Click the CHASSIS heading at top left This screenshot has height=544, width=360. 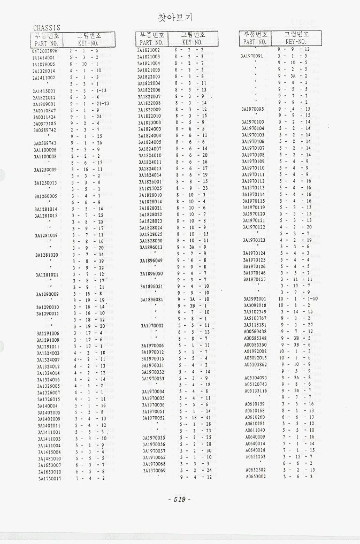point(47,28)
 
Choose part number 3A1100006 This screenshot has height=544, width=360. point(45,150)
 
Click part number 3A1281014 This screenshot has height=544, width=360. point(46,209)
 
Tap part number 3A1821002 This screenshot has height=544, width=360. point(149,50)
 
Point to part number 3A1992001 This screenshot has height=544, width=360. point(255,298)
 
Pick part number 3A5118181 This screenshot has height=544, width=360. point(255,325)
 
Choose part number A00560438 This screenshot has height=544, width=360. point(255,332)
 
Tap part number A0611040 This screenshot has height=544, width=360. point(255,430)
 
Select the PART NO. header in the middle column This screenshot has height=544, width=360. point(151,42)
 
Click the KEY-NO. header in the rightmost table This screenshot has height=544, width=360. point(295,41)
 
